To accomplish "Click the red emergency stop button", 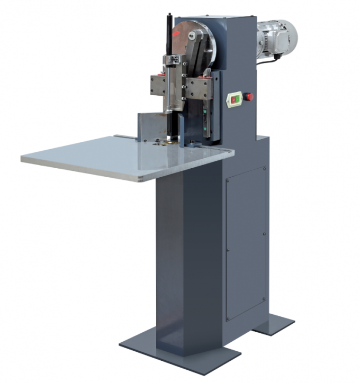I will pos(248,97).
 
